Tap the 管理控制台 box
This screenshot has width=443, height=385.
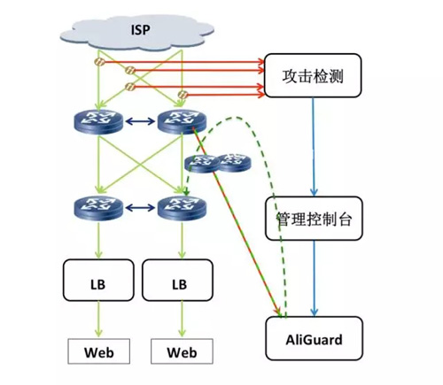pyautogui.click(x=315, y=219)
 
